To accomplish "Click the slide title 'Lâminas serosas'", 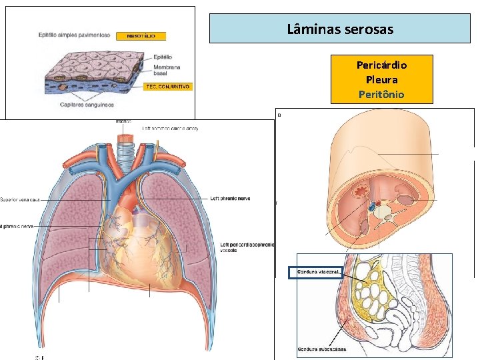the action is [340, 29].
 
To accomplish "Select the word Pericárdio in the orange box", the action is [382, 65].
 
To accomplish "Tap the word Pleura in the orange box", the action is [382, 80].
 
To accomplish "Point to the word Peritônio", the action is [382, 95].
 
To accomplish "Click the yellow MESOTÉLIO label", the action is [141, 36].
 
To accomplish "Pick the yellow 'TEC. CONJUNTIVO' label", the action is [169, 87].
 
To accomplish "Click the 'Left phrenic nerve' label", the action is [231, 198].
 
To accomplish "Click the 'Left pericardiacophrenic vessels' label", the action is [247, 248].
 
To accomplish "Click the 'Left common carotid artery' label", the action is [170, 128].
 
